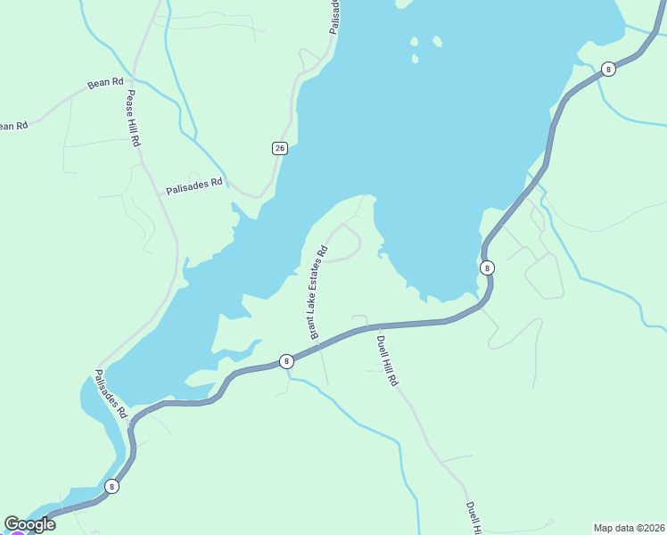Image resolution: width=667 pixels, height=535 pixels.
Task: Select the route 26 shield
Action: click(x=280, y=148)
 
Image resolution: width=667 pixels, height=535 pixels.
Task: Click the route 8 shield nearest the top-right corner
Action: click(x=608, y=69)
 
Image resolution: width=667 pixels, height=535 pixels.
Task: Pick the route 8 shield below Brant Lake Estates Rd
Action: click(x=286, y=361)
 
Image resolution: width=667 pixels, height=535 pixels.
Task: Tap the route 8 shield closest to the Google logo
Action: click(x=111, y=486)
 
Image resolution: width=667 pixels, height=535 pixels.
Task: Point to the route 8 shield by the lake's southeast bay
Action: click(x=487, y=267)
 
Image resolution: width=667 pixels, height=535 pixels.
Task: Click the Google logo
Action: click(x=29, y=524)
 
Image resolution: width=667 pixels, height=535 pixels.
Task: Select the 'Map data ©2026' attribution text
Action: click(x=629, y=528)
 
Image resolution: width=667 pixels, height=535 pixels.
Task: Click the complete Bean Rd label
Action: click(x=105, y=83)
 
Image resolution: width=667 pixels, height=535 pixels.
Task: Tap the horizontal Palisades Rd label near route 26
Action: click(x=194, y=185)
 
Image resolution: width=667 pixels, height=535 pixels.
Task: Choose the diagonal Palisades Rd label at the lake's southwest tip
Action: click(x=112, y=395)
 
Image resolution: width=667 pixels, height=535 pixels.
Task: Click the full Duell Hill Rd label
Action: click(x=386, y=360)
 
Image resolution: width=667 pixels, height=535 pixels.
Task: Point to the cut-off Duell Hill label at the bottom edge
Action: click(x=473, y=518)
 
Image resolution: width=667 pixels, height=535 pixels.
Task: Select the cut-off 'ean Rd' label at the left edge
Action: click(x=13, y=126)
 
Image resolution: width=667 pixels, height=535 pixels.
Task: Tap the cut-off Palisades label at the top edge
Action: click(x=334, y=16)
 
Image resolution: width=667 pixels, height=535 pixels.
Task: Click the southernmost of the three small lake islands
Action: click(x=416, y=59)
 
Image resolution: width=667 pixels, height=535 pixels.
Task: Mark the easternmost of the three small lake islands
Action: click(x=437, y=41)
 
